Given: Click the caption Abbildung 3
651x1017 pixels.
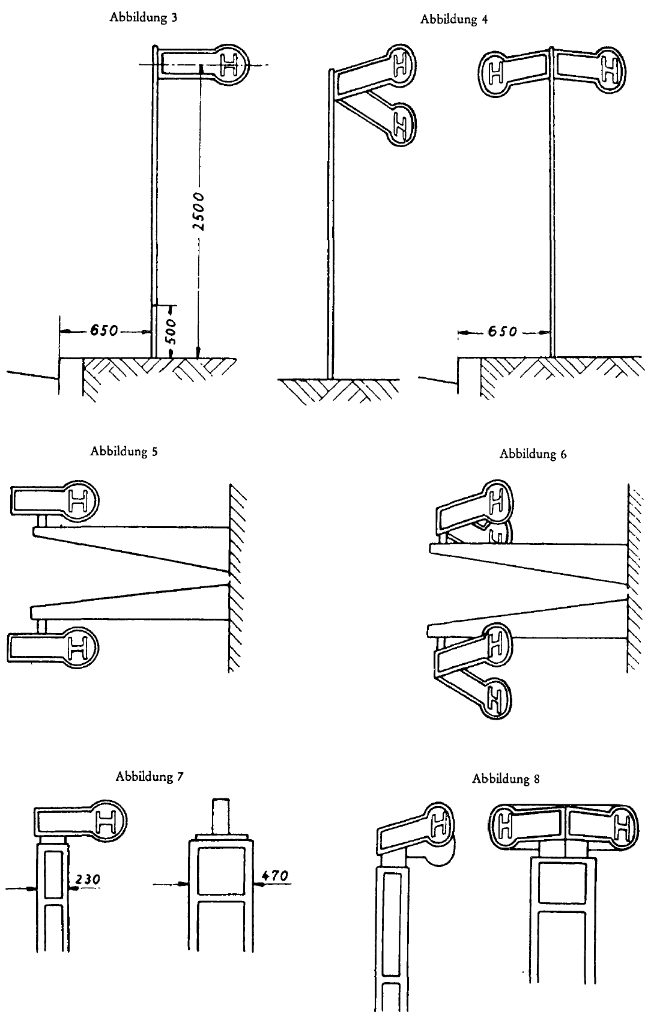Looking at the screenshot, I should click(143, 17).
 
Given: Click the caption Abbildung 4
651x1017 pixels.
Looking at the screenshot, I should click(453, 19).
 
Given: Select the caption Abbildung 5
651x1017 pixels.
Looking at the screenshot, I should click(124, 451).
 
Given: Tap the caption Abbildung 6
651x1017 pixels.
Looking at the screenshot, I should click(533, 454).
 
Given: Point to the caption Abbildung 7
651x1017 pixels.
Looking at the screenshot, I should click(149, 776).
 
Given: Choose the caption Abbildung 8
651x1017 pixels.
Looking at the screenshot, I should click(506, 779).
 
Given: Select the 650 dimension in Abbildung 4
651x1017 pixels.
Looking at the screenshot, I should click(500, 332).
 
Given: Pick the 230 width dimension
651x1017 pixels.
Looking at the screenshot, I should click(88, 880).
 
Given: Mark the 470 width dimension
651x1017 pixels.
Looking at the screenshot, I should click(276, 876).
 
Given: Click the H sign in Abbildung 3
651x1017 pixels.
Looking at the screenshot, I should click(232, 65).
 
